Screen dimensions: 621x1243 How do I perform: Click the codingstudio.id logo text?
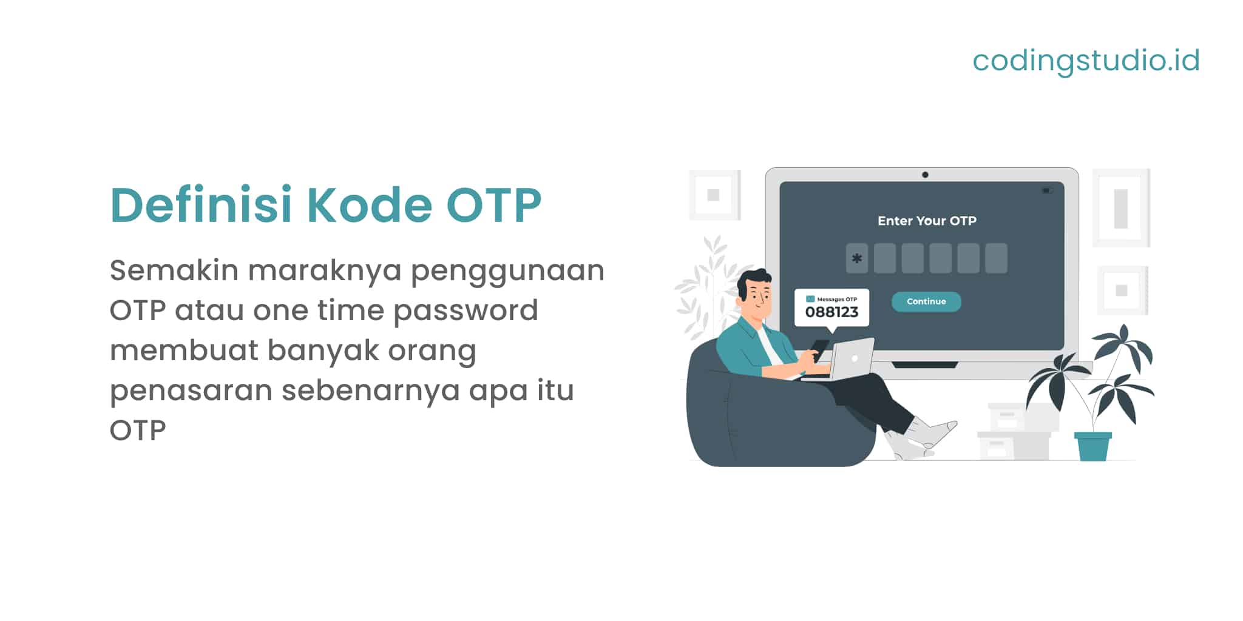pyautogui.click(x=1086, y=61)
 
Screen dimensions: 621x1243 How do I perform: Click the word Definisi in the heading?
pyautogui.click(x=201, y=205)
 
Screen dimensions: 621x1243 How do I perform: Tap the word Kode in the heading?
pyautogui.click(x=369, y=205)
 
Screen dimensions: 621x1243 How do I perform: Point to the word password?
pyautogui.click(x=466, y=311)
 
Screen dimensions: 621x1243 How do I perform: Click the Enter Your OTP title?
pyautogui.click(x=927, y=221)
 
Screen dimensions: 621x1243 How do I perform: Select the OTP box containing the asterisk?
pyautogui.click(x=856, y=258)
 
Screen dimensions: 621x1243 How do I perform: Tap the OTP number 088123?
pyautogui.click(x=831, y=312)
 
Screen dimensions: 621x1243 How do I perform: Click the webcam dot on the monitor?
pyautogui.click(x=925, y=175)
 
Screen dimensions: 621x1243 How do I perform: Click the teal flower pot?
pyautogui.click(x=1092, y=446)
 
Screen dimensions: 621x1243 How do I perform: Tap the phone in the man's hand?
pyautogui.click(x=819, y=349)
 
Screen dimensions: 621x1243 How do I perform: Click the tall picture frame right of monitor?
pyautogui.click(x=1120, y=208)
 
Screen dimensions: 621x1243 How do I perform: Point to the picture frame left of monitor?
pyautogui.click(x=714, y=195)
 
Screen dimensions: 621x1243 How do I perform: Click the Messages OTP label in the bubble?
pyautogui.click(x=836, y=299)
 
